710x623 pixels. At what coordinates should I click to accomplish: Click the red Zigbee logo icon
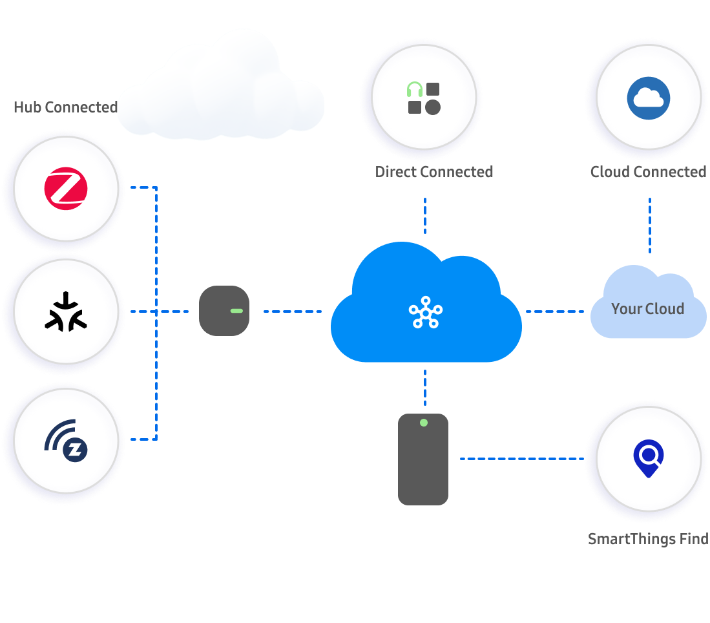(x=65, y=188)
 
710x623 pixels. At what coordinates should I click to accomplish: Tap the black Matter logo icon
(x=65, y=311)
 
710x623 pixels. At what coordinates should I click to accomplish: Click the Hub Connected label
(x=65, y=107)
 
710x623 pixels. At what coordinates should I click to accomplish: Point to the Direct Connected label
(x=433, y=172)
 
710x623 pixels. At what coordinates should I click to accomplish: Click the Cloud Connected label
(x=648, y=172)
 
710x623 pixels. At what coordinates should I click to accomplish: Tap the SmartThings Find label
(x=648, y=539)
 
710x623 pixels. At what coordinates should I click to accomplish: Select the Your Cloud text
(x=647, y=309)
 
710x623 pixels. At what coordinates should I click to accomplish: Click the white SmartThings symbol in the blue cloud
(x=426, y=312)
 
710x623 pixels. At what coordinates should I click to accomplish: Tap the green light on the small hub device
(x=236, y=311)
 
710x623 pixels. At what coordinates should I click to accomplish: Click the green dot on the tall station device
(x=423, y=423)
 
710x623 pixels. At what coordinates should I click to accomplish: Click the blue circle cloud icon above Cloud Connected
(x=648, y=98)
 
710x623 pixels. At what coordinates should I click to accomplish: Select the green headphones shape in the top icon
(x=414, y=89)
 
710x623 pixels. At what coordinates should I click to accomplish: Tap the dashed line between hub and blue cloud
(x=292, y=311)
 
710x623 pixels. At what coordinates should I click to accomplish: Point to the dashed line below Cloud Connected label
(x=649, y=225)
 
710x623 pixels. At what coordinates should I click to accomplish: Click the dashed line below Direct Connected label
(x=425, y=216)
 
